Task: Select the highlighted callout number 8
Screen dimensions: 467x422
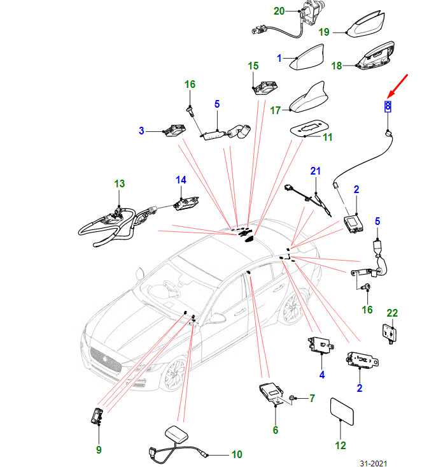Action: (x=386, y=105)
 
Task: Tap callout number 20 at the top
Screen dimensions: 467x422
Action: (x=279, y=11)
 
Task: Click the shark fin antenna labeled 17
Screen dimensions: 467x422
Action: (x=307, y=101)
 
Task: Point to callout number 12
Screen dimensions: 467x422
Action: (x=341, y=445)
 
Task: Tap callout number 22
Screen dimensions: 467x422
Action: (x=392, y=313)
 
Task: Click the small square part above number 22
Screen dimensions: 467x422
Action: (x=389, y=333)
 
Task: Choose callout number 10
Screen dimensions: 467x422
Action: (x=236, y=455)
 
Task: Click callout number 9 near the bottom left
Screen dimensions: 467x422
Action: (x=99, y=450)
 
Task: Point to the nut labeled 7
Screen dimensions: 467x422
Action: (x=292, y=399)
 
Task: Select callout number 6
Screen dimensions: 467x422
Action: (x=276, y=430)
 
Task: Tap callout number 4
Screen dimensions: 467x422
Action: (x=321, y=375)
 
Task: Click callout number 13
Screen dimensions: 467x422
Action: (x=120, y=183)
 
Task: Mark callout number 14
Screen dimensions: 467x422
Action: (x=181, y=180)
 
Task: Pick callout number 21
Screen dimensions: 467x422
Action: (x=315, y=171)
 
